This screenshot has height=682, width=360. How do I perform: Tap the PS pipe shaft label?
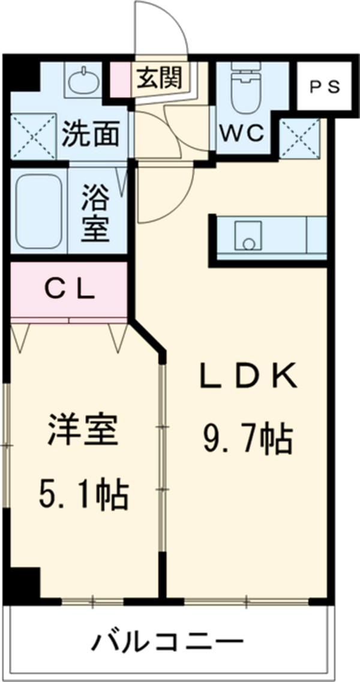click(325, 86)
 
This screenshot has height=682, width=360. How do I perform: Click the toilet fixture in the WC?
click(244, 90)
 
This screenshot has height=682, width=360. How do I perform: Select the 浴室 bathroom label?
click(96, 212)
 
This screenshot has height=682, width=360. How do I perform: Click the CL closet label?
click(71, 290)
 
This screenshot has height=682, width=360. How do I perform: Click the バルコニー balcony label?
click(167, 643)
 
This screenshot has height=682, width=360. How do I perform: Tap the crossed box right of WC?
click(300, 137)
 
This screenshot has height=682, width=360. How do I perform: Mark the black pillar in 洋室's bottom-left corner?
click(24, 581)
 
